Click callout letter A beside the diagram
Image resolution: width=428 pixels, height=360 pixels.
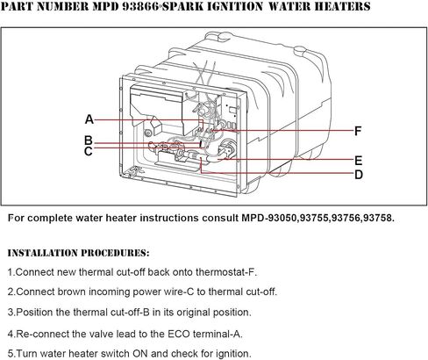(89, 119)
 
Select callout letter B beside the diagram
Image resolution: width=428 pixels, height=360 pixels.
(89, 140)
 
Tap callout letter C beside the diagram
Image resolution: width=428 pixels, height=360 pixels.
(89, 151)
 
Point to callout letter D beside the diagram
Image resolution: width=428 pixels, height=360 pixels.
(359, 175)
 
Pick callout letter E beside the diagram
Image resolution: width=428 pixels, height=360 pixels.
(359, 161)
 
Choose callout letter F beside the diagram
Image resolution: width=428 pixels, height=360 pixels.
(358, 131)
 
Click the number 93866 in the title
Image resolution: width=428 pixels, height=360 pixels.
(140, 6)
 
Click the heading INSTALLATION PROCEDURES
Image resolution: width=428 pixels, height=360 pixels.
(78, 253)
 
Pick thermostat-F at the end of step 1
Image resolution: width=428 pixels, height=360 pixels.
(226, 272)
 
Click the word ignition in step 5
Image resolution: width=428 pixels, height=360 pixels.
(233, 354)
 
